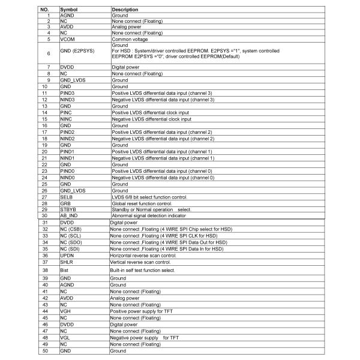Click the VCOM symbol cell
click(x=68, y=38)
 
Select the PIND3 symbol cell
click(x=68, y=93)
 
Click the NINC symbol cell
click(x=67, y=119)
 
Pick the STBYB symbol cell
click(x=68, y=209)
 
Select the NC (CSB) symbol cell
click(x=71, y=229)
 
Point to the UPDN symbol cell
click(x=67, y=255)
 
